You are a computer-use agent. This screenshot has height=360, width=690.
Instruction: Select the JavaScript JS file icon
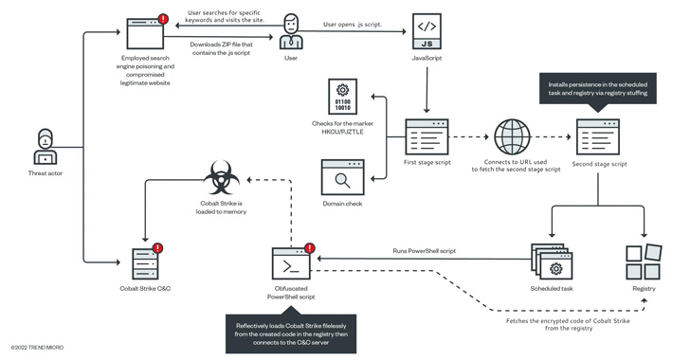coord(426,35)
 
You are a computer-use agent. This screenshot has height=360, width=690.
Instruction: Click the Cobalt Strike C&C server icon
coord(143,261)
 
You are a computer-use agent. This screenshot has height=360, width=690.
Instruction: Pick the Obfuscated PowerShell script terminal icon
coord(290,262)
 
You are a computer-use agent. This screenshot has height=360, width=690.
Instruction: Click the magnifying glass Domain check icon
coord(342,177)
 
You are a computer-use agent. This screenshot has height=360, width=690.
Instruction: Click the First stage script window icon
coord(426,135)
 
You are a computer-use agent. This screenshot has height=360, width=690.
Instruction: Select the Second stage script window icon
coord(597,135)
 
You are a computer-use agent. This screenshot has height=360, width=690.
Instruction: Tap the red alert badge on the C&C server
coord(157,248)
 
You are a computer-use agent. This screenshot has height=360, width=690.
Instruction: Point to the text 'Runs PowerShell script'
coord(425,251)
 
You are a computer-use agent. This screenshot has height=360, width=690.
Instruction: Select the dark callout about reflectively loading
coord(290,331)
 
